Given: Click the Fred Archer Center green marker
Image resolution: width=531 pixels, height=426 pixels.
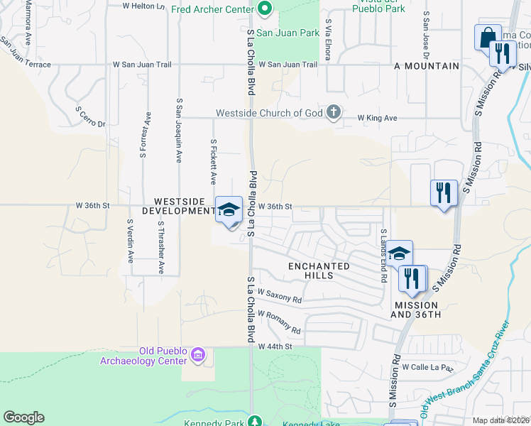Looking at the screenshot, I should [x=265, y=10].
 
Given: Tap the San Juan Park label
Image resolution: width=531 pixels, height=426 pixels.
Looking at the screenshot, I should [x=288, y=33].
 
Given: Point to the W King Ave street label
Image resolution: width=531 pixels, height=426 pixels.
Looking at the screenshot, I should [x=377, y=118].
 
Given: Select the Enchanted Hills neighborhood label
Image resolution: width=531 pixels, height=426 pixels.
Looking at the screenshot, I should [x=319, y=271].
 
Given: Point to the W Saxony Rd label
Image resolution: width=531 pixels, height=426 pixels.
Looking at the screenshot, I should [x=280, y=295].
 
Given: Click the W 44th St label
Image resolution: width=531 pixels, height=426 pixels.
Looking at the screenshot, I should [x=275, y=346].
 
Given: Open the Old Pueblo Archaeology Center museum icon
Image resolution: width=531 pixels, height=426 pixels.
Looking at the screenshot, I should [x=198, y=354].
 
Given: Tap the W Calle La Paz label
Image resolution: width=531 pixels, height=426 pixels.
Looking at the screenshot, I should [x=427, y=367].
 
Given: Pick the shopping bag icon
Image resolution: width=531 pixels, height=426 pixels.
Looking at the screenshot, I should [x=487, y=37].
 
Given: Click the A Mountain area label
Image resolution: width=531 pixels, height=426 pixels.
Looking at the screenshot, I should [x=427, y=66].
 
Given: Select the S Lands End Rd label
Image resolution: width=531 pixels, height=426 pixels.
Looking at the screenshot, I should [x=383, y=256].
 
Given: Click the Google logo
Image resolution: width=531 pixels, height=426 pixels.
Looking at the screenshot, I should [x=23, y=417].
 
